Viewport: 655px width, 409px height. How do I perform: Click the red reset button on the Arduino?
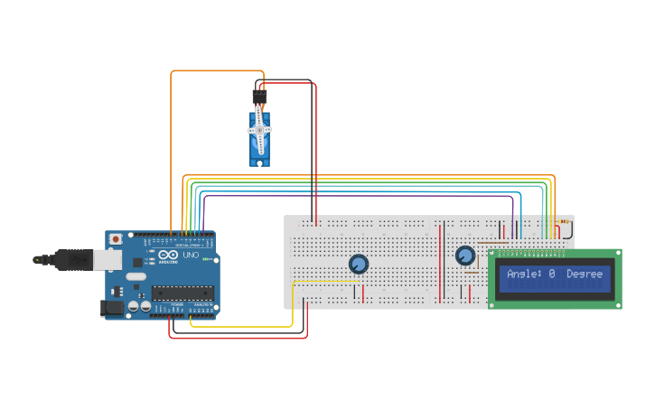(x=116, y=239)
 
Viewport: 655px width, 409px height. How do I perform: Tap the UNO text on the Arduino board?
(x=192, y=256)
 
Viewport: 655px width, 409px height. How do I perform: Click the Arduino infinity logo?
(x=168, y=256)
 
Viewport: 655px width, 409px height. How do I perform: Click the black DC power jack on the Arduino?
(x=110, y=307)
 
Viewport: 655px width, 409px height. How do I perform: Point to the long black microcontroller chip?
(x=182, y=292)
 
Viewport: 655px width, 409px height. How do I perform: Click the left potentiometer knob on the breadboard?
(x=359, y=265)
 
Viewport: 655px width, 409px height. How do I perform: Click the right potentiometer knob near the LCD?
(x=465, y=256)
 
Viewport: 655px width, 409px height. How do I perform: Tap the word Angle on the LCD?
(x=523, y=274)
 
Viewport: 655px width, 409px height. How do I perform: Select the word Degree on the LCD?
(x=585, y=274)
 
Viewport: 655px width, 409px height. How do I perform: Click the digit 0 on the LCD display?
(x=551, y=274)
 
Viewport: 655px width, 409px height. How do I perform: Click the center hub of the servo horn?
(x=260, y=130)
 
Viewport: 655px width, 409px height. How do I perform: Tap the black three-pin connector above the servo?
(x=260, y=96)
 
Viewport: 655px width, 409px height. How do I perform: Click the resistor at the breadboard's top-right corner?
(x=565, y=221)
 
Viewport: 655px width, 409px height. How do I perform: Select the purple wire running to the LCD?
(x=361, y=195)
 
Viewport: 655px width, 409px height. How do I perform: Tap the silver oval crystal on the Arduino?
(x=136, y=276)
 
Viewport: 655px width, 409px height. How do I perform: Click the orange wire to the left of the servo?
(x=171, y=144)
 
